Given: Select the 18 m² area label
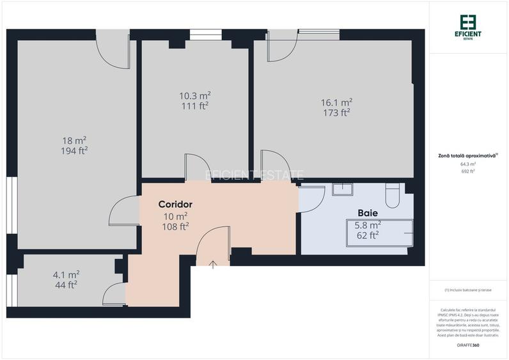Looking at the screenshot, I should point(74,140).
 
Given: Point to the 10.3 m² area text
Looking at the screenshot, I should point(194,95).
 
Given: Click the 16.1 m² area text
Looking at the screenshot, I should point(336,102).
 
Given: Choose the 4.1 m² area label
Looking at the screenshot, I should point(66,274).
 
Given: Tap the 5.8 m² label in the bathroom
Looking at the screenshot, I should point(368,225).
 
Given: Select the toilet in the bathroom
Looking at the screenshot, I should point(393,194).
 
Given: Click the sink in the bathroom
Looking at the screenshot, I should point(343,190).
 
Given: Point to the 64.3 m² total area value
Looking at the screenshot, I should point(468,164).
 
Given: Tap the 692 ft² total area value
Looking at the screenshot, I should point(468,171).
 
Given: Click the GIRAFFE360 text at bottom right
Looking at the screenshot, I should point(468,345).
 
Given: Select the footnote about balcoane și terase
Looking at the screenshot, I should point(468,290).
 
